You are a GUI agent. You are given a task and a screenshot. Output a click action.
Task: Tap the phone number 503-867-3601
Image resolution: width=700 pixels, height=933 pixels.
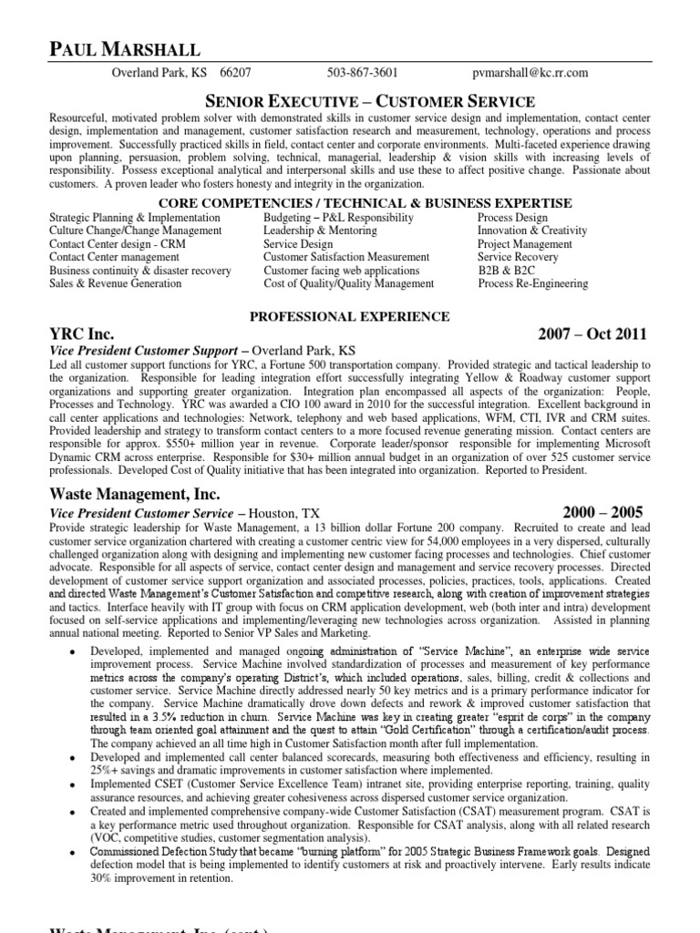pos(362,74)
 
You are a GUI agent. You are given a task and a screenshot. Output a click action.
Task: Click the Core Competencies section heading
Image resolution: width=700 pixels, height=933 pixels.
pos(365,202)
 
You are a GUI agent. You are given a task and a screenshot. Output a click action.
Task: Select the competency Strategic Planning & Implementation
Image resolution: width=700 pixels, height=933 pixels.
pos(134,219)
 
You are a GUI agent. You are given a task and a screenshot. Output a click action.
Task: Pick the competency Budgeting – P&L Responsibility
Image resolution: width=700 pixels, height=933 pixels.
pos(338,219)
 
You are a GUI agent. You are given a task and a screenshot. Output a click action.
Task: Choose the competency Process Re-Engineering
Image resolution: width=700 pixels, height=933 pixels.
pos(532,284)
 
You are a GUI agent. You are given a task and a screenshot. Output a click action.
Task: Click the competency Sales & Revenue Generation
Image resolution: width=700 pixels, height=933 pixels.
pos(115,284)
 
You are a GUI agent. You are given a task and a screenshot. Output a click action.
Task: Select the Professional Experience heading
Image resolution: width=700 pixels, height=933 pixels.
pos(350,317)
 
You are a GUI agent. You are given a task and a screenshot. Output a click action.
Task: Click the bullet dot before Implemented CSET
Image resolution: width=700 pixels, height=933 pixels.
pos(72,784)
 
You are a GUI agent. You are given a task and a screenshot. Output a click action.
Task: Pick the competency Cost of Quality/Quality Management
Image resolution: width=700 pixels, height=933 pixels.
pos(348,284)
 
